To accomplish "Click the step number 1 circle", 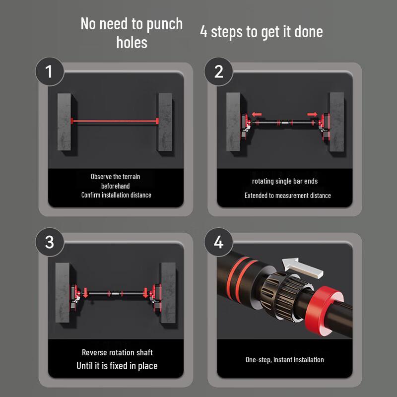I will click(49, 72).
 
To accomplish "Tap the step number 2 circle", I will click(219, 72).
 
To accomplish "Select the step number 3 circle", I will click(49, 242).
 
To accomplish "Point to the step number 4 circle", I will click(219, 242).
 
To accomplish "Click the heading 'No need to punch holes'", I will click(132, 33).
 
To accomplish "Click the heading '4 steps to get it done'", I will click(261, 32).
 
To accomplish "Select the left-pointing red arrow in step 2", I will click(256, 114).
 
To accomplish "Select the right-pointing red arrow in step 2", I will click(312, 114).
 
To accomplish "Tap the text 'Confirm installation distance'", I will click(116, 195).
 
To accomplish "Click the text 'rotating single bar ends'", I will click(285, 181).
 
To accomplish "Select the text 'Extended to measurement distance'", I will click(287, 196).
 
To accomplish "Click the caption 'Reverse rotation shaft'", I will click(117, 352).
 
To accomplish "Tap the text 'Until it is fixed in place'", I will click(117, 366).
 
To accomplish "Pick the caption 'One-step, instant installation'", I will click(285, 359).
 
